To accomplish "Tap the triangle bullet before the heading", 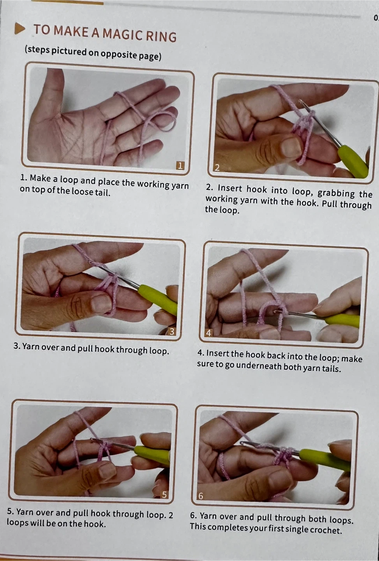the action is [20, 29].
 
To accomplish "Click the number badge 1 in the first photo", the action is [180, 166].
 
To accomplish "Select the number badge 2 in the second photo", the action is [217, 167].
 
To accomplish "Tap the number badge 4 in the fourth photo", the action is [208, 333].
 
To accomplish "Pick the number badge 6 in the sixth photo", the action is [201, 496].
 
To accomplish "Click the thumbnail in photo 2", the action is [291, 147].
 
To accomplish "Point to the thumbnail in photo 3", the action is [100, 303].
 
